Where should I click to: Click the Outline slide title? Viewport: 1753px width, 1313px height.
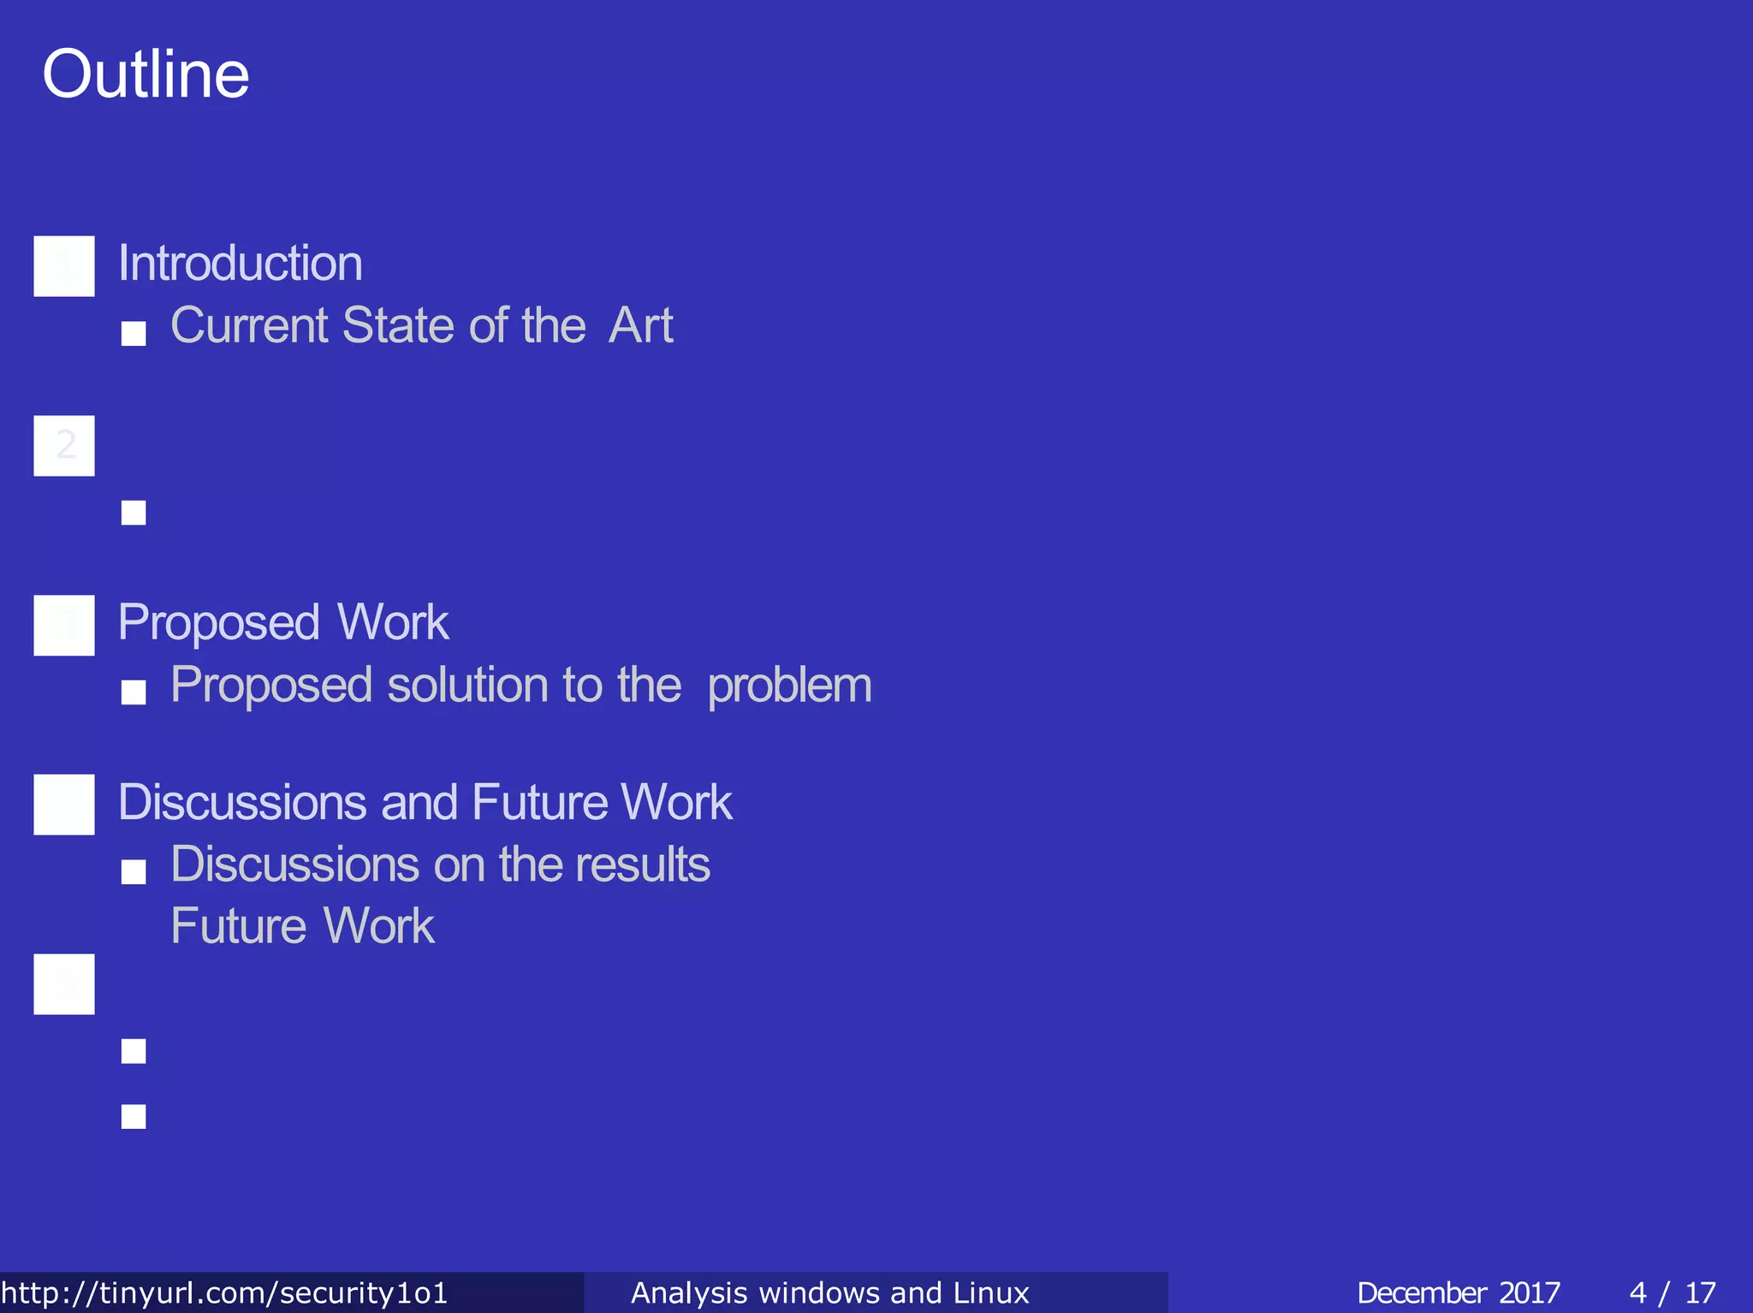coord(146,74)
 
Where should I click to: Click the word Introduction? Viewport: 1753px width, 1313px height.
coord(240,263)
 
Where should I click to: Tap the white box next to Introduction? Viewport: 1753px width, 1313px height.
coord(64,266)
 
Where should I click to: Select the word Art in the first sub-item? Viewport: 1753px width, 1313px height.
coord(640,326)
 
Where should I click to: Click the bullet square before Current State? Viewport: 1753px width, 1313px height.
coord(134,333)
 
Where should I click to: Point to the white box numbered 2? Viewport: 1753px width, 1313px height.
coord(64,446)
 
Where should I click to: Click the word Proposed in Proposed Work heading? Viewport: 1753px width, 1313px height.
coord(219,622)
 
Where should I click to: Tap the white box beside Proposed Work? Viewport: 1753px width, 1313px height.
coord(64,625)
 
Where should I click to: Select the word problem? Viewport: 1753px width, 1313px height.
coord(789,686)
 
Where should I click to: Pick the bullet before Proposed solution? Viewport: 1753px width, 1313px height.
coord(134,692)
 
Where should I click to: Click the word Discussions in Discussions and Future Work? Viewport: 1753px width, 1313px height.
coord(242,802)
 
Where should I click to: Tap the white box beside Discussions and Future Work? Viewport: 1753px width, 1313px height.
coord(64,805)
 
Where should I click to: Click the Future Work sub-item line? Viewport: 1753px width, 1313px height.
coord(302,926)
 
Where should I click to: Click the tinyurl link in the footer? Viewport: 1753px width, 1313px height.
coord(224,1292)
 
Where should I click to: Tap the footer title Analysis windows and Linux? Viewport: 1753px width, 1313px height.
coord(829,1292)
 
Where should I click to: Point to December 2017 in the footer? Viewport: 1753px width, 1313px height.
coord(1458,1292)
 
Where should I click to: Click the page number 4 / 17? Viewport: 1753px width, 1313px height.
coord(1673,1292)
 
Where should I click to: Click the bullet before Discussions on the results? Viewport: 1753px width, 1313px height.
coord(134,872)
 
